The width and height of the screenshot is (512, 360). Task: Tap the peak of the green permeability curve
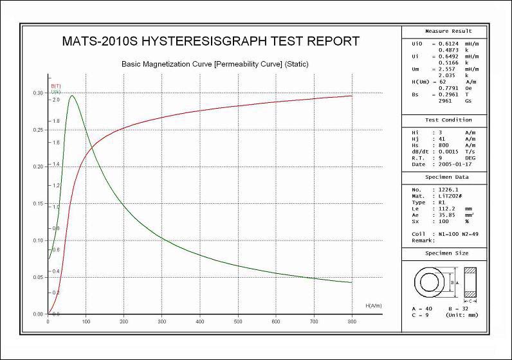pos(71,96)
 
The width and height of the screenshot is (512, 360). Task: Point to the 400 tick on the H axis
pos(200,321)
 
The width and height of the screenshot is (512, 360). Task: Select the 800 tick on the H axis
pos(352,321)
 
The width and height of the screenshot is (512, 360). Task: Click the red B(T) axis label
pos(56,85)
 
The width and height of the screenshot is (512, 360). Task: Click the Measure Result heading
pos(448,31)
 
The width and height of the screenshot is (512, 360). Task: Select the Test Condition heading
pos(448,120)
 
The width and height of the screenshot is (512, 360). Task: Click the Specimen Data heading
pos(448,177)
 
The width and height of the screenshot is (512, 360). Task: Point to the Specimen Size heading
pos(448,254)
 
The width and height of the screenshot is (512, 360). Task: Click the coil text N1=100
pos(448,233)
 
